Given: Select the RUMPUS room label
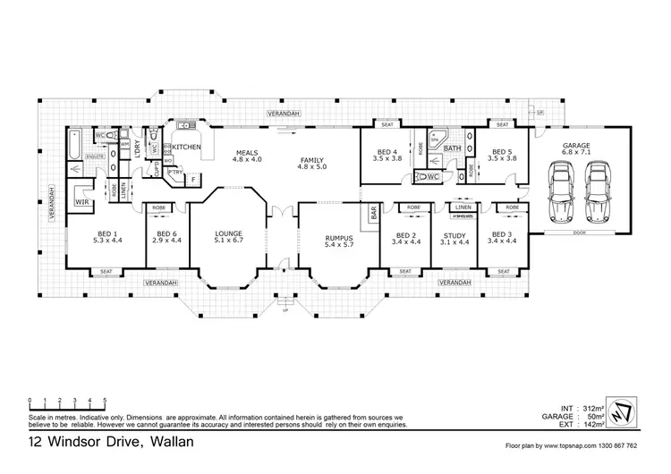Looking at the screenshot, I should pos(340,238).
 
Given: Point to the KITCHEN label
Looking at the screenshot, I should pos(186,147).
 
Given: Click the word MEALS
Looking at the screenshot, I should pos(248,153).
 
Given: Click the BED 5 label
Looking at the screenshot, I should pos(504,153).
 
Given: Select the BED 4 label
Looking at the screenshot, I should pos(386,153).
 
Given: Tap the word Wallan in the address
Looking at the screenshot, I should pos(164,442).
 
